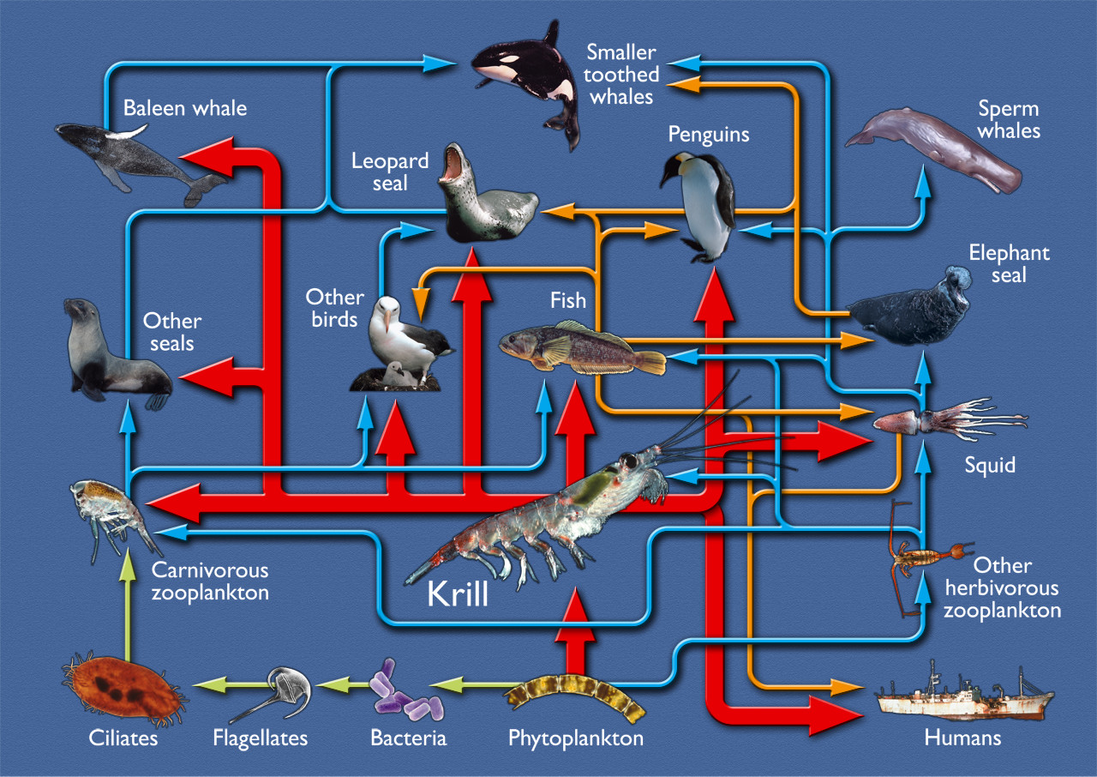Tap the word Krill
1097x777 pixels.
pyautogui.click(x=458, y=593)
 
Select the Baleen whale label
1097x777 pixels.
pyautogui.click(x=184, y=108)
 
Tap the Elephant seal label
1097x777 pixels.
pyautogui.click(x=1009, y=264)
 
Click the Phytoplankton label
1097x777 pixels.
pyautogui.click(x=575, y=738)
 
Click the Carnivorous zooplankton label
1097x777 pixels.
pyautogui.click(x=210, y=581)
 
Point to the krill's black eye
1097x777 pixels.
pyautogui.click(x=630, y=462)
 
